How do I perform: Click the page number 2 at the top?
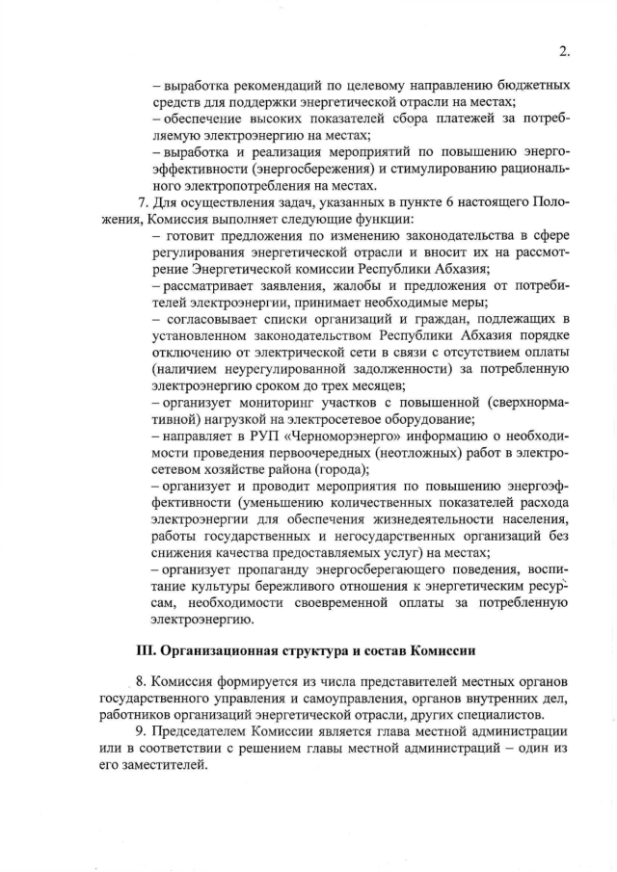562,51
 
